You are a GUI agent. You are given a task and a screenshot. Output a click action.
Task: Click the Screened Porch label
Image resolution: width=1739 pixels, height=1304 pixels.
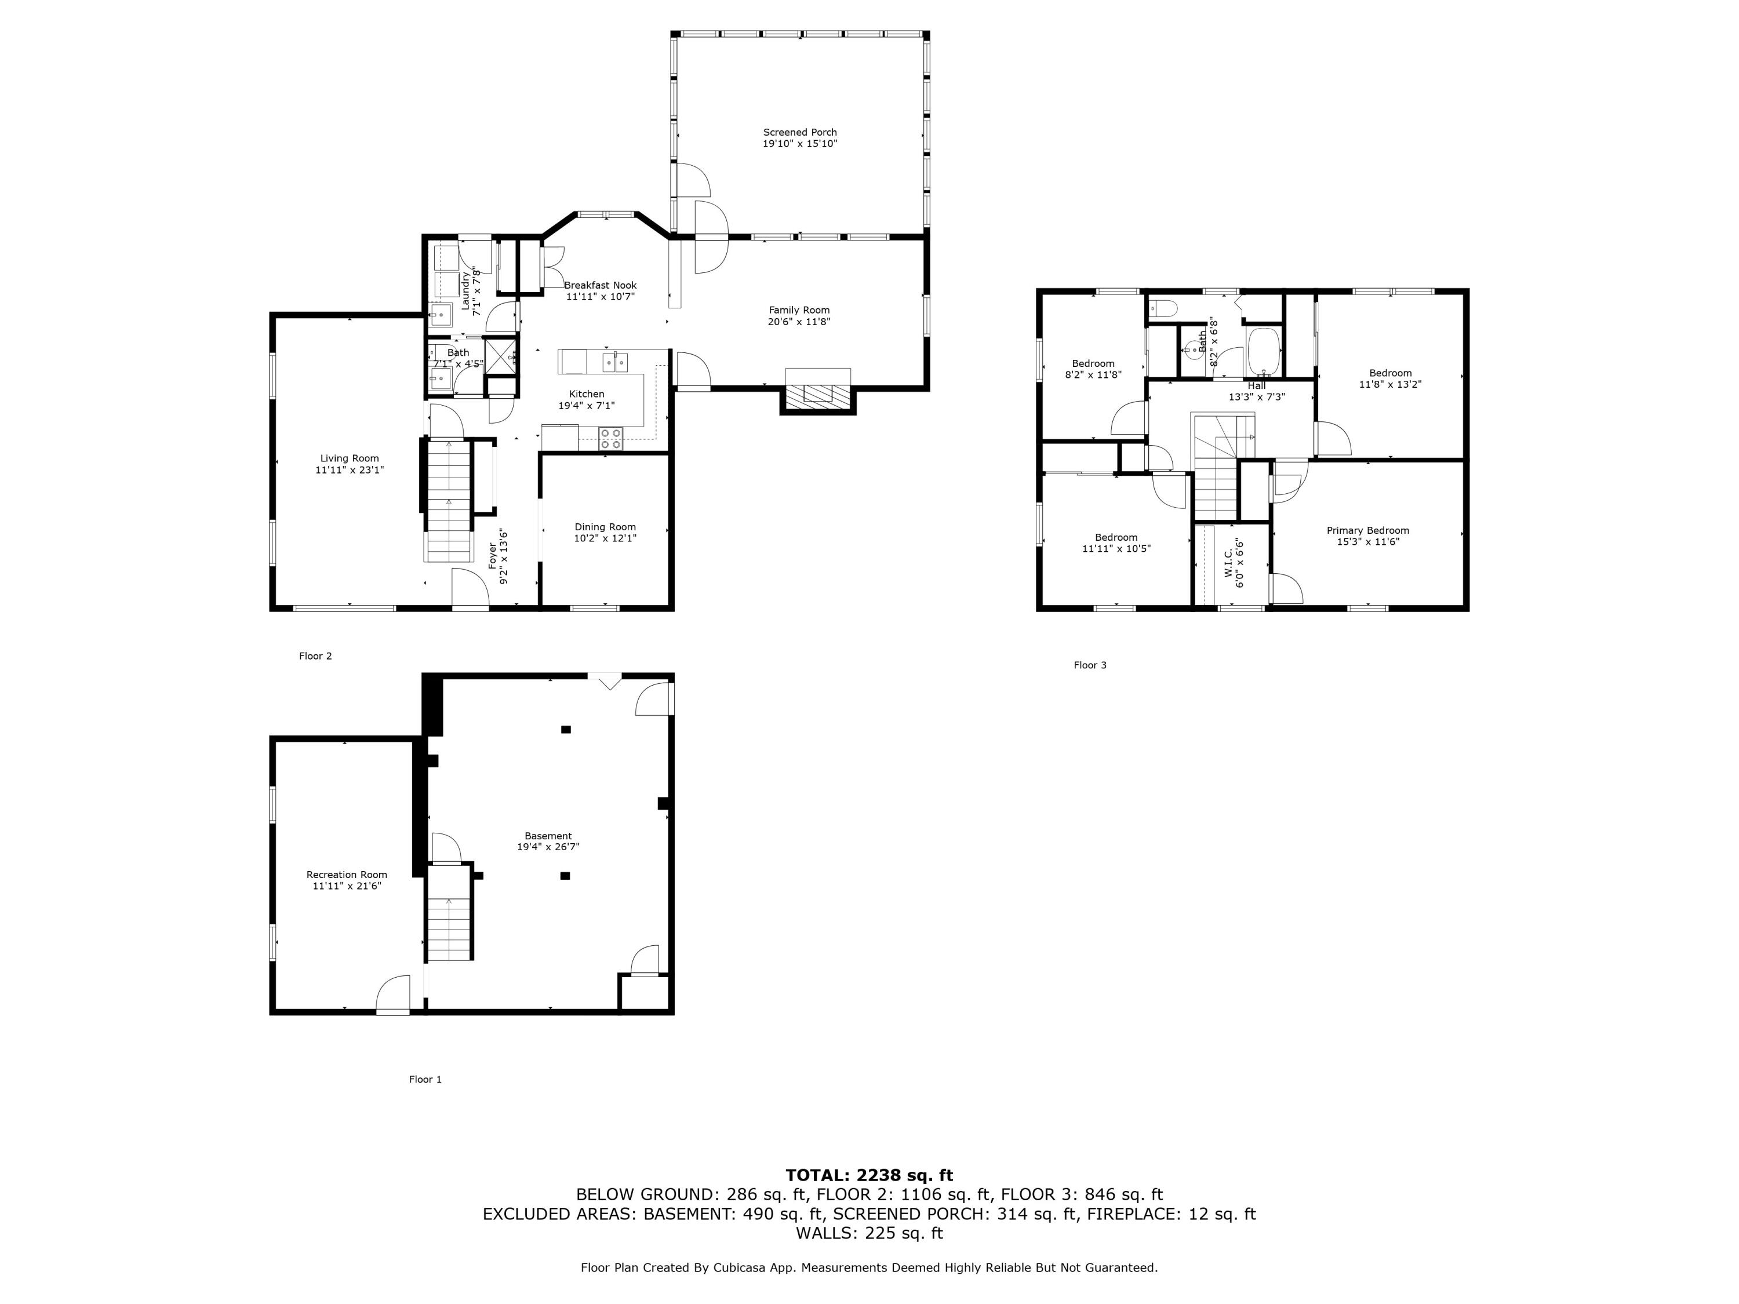(799, 132)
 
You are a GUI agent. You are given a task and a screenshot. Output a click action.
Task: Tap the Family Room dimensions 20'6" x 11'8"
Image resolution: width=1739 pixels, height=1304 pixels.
(799, 322)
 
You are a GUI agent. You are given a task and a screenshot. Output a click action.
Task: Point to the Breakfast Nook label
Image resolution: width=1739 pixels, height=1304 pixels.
(600, 285)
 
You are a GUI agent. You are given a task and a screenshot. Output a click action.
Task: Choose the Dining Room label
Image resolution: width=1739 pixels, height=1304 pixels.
(605, 527)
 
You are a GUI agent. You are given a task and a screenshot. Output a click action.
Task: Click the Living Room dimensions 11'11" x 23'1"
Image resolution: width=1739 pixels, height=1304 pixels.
(349, 470)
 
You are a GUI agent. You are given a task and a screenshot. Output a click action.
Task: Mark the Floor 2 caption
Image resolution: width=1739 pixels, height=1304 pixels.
(315, 656)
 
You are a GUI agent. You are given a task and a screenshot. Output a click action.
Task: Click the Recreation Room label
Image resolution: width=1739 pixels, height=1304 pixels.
(347, 875)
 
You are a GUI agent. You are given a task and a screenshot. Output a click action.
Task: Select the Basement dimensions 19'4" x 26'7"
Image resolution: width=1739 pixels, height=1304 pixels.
(548, 847)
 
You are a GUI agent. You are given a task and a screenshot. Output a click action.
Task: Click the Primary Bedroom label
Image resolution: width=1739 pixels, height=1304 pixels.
(1367, 530)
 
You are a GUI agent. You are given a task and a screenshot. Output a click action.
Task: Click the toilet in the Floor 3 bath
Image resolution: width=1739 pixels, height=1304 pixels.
(1163, 309)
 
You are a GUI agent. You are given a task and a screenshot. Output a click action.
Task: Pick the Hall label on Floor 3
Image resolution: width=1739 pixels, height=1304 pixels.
(1256, 386)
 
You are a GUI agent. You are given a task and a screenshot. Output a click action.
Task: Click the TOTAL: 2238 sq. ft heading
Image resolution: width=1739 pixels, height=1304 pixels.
(869, 1176)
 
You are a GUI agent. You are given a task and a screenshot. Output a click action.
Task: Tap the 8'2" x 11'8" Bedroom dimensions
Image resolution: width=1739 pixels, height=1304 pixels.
(1093, 375)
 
